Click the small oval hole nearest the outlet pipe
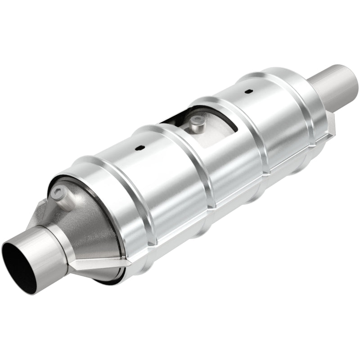click(248, 79)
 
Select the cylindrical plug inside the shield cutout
click(196, 123)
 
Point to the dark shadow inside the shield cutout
click(173, 118)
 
